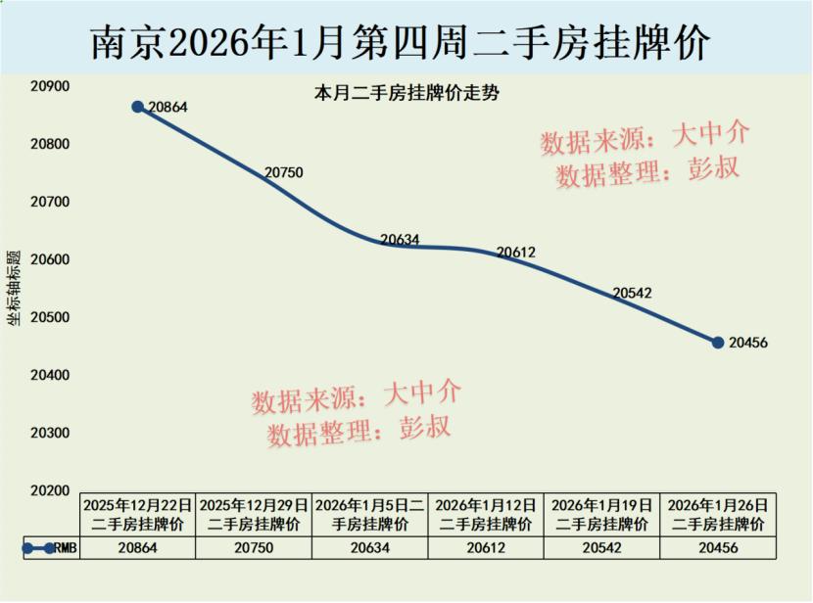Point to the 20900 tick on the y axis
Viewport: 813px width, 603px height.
tap(50, 87)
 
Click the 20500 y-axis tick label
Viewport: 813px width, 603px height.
tap(50, 318)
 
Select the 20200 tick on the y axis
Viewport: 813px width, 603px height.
tap(50, 490)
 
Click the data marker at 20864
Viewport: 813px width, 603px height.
tap(137, 107)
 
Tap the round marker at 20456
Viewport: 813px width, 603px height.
tap(718, 343)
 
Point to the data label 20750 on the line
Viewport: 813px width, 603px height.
tap(284, 172)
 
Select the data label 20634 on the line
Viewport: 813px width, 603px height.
tap(400, 239)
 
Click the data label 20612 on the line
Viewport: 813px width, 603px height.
tap(515, 253)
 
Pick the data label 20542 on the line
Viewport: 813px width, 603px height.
tap(632, 293)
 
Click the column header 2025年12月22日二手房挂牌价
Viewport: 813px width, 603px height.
tap(137, 514)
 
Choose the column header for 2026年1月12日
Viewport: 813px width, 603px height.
tap(486, 514)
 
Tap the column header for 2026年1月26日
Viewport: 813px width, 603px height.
tap(718, 514)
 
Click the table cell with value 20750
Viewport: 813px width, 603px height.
tap(254, 549)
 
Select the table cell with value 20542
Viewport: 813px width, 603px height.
tap(601, 549)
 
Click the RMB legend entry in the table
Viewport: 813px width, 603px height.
tap(49, 549)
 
